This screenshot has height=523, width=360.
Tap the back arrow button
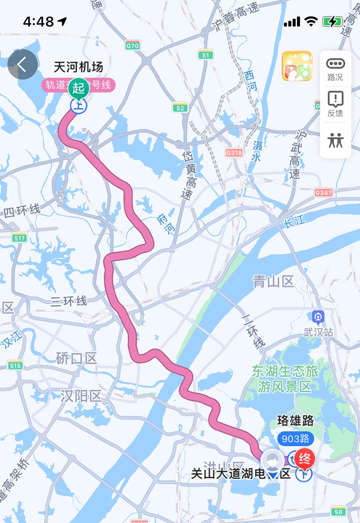coord(23,64)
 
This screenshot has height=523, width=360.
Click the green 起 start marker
coord(79,89)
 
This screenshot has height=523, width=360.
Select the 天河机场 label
coord(79,67)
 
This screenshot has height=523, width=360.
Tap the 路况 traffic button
coord(335,69)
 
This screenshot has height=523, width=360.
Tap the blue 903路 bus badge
coord(295,439)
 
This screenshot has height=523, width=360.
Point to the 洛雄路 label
coord(295,421)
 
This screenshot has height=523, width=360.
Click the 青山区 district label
coord(273,282)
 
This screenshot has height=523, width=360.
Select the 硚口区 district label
coord(76,358)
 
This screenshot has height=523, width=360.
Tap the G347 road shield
coord(323,192)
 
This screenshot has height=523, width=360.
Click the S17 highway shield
coord(20,238)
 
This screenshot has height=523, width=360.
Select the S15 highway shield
coord(15,366)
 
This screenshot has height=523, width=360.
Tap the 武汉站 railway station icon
coord(318,317)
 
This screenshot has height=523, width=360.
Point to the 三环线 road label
coord(69,301)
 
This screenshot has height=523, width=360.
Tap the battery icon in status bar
coord(332,21)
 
